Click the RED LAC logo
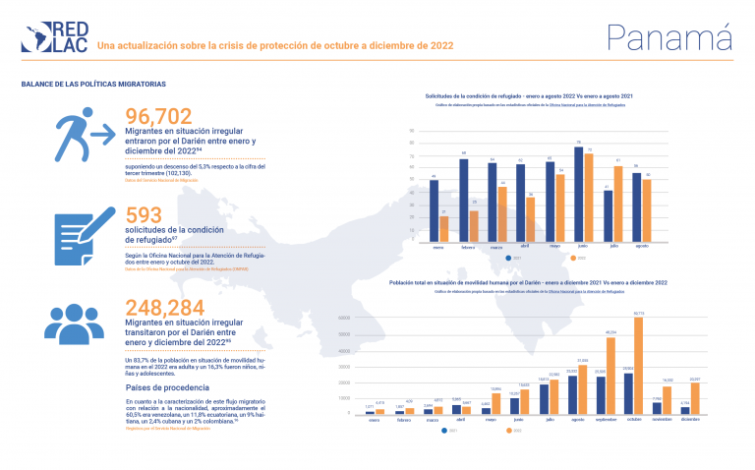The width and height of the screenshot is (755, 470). click(x=56, y=37)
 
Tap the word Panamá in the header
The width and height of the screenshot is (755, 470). click(x=671, y=36)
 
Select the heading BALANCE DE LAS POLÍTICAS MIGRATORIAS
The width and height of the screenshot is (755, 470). click(x=93, y=85)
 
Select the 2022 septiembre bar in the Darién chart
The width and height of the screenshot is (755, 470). click(x=610, y=377)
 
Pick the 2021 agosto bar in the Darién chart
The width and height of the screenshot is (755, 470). click(x=572, y=394)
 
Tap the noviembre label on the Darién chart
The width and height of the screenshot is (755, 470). click(x=663, y=420)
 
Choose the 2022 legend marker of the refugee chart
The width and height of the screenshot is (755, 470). click(x=571, y=259)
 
